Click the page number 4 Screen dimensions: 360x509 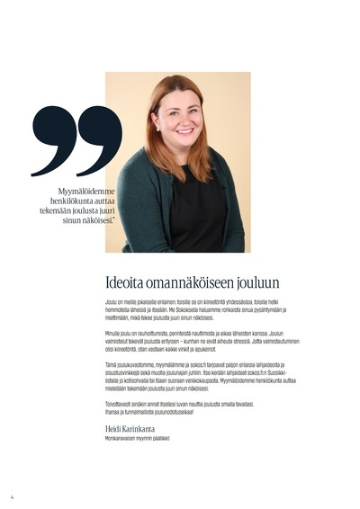[13, 496]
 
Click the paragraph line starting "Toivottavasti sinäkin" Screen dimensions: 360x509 [181, 403]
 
